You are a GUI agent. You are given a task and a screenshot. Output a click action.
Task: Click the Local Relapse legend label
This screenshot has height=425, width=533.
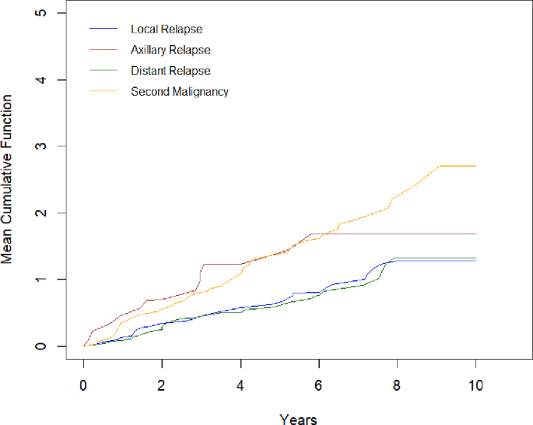pyautogui.click(x=167, y=30)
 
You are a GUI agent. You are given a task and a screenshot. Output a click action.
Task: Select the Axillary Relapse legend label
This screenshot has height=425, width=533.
pyautogui.click(x=170, y=50)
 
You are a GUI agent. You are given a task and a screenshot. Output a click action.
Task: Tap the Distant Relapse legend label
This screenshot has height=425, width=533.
pyautogui.click(x=170, y=71)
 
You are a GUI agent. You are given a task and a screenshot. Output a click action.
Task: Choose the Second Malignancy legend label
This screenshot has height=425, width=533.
pyautogui.click(x=180, y=92)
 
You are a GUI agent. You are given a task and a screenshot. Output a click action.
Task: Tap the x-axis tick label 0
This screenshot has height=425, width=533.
pyautogui.click(x=84, y=385)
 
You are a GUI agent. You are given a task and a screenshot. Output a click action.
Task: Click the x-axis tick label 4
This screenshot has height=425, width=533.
pyautogui.click(x=240, y=385)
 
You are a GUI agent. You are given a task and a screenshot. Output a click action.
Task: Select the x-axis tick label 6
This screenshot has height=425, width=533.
pyautogui.click(x=319, y=385)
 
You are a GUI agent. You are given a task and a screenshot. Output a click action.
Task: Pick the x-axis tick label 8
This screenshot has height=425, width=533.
pyautogui.click(x=397, y=385)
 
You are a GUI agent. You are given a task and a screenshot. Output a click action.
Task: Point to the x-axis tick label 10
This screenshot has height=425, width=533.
pyautogui.click(x=475, y=385)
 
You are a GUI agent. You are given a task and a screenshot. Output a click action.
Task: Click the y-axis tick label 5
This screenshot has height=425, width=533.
pyautogui.click(x=40, y=14)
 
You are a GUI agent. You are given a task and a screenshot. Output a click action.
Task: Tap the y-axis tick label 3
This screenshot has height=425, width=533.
pyautogui.click(x=40, y=146)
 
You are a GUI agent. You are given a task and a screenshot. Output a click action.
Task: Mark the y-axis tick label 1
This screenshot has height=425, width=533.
pyautogui.click(x=40, y=279)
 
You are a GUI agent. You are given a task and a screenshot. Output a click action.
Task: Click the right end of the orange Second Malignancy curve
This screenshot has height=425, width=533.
pyautogui.click(x=475, y=166)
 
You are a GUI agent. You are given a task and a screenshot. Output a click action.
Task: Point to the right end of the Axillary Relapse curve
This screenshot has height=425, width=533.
pyautogui.click(x=475, y=234)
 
